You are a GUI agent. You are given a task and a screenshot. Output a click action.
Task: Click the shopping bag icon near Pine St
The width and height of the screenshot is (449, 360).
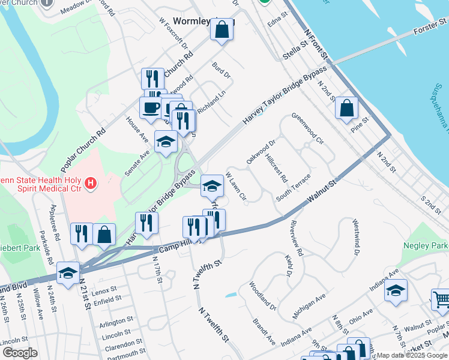click(347, 109)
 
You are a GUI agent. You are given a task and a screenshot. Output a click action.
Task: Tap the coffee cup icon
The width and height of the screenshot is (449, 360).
click(150, 107)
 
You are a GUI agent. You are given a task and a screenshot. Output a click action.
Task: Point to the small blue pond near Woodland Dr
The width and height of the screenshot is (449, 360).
click(232, 295)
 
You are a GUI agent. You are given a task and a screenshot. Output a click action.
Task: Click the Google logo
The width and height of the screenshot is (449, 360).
click(19, 352)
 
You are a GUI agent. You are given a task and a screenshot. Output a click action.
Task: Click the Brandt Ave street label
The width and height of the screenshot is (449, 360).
click(264, 331)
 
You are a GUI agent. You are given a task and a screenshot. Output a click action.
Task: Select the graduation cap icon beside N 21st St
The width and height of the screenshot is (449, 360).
click(68, 273)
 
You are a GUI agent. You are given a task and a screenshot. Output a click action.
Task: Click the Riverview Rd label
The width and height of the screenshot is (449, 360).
click(298, 239)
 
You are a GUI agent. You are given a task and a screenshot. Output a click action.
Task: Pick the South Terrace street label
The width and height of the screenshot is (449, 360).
click(294, 188)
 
